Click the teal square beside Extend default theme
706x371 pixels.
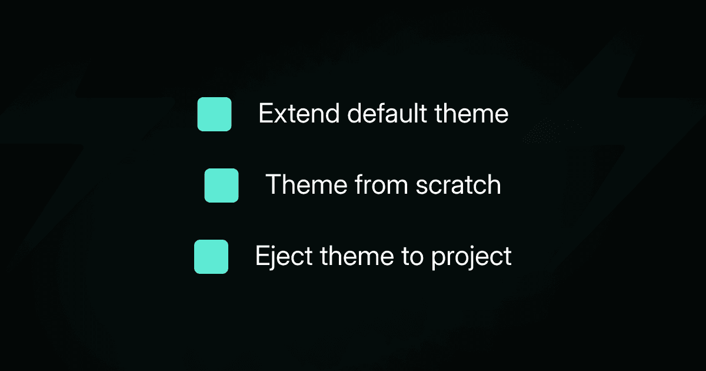point(214,114)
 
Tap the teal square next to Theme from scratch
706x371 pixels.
point(221,185)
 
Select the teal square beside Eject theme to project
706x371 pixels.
point(211,257)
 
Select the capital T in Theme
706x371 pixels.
point(274,185)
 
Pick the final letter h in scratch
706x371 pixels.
point(494,185)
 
